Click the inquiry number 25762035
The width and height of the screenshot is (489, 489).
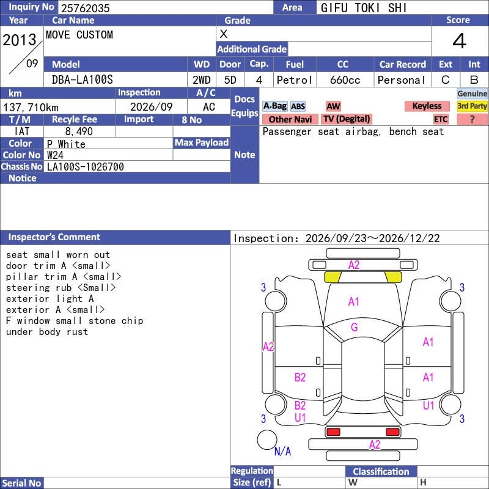[85, 8]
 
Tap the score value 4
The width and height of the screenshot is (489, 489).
[460, 41]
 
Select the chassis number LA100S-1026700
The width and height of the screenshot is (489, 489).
[85, 167]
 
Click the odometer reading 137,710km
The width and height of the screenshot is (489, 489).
[31, 108]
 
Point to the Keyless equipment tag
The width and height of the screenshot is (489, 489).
[427, 106]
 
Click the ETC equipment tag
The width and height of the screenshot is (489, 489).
[441, 119]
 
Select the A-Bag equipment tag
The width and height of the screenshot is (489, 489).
[274, 106]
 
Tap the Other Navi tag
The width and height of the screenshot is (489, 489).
[290, 119]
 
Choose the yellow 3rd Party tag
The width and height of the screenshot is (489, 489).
[472, 106]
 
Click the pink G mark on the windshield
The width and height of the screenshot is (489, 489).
[354, 327]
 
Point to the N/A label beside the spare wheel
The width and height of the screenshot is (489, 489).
[282, 451]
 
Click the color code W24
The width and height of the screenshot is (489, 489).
[55, 155]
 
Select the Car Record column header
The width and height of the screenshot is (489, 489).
[403, 65]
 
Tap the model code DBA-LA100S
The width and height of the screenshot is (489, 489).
[83, 80]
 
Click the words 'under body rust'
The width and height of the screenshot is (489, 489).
[47, 331]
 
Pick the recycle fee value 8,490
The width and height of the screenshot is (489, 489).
[79, 131]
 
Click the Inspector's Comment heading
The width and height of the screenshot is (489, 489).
[54, 237]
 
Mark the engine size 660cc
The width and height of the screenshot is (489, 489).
[345, 80]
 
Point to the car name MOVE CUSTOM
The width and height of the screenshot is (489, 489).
[79, 35]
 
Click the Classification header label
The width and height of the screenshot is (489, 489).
[381, 471]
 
